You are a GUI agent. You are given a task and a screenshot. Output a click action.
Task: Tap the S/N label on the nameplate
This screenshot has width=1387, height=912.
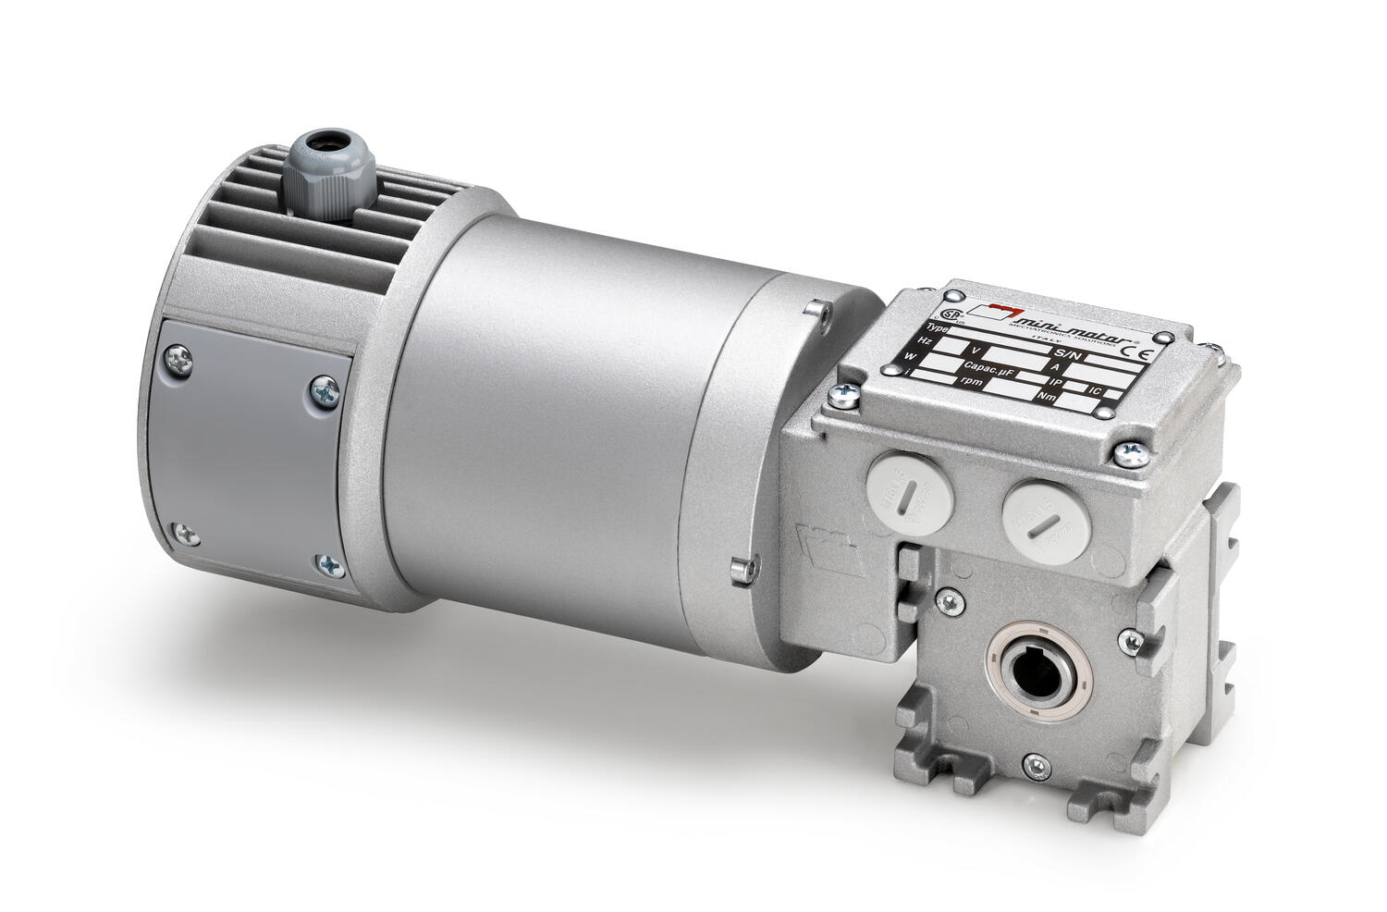pos(1065,354)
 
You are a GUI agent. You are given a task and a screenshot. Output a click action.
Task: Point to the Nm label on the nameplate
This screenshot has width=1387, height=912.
pos(1047,397)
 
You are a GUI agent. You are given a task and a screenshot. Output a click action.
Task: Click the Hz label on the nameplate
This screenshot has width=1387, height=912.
pos(925,341)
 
